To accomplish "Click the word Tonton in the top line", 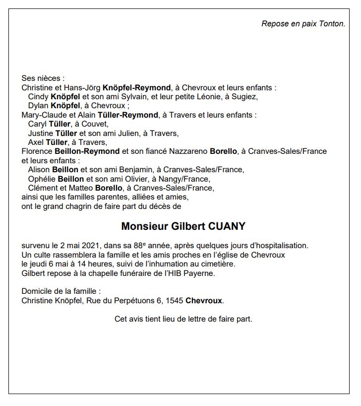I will pos(332,23).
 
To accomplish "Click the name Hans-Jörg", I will pos(84,87).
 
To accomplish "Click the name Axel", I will pos(36,142).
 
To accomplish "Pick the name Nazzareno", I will pos(185,151).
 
